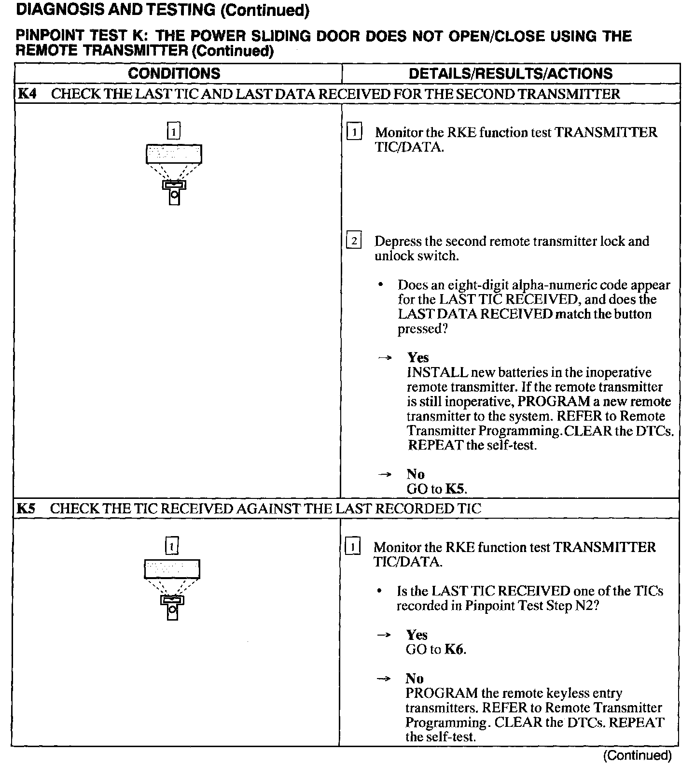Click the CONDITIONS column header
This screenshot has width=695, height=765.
pyautogui.click(x=174, y=73)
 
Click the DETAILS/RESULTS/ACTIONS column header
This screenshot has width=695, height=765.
pyautogui.click(x=510, y=73)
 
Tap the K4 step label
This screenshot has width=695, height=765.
pyautogui.click(x=27, y=94)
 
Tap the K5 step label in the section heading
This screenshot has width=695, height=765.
pyautogui.click(x=26, y=509)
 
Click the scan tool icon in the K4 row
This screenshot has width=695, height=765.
pyautogui.click(x=174, y=174)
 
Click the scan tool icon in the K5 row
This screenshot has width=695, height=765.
pyautogui.click(x=172, y=589)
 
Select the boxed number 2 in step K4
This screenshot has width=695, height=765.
pyautogui.click(x=354, y=241)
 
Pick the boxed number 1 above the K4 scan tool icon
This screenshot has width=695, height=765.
pyautogui.click(x=174, y=131)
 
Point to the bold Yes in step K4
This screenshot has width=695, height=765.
pyautogui.click(x=418, y=357)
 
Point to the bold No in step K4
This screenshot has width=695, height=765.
pyautogui.click(x=416, y=474)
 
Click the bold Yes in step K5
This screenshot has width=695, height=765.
pyautogui.click(x=417, y=635)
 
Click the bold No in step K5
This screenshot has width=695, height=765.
pyautogui.click(x=415, y=679)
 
